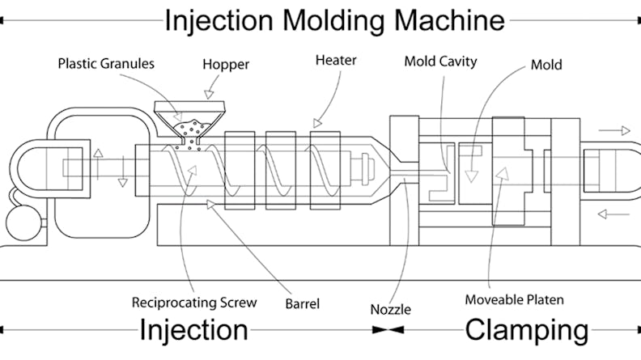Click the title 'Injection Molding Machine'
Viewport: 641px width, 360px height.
coord(334,19)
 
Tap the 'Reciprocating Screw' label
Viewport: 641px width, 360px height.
coord(194,303)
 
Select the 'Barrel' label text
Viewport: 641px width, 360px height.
coord(303,304)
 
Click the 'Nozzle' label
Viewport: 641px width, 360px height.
coord(390,309)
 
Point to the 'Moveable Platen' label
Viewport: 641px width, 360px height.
coord(514,299)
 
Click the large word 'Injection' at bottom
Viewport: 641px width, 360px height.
coord(193,330)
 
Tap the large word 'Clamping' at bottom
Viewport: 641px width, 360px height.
coord(526,330)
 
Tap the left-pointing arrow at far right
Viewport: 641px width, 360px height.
coord(614,214)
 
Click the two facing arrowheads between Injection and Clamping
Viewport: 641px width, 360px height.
coord(389,330)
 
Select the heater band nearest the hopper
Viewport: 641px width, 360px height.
coord(240,170)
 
